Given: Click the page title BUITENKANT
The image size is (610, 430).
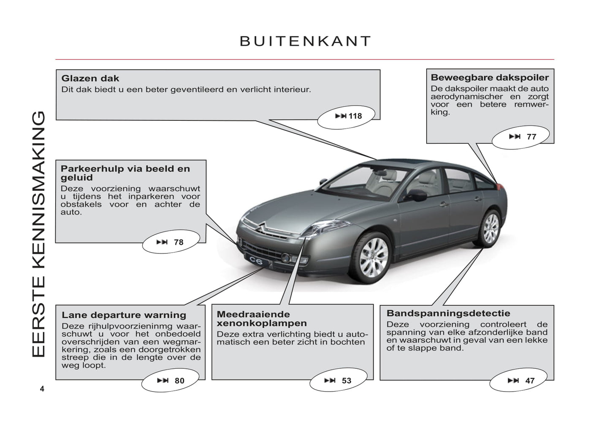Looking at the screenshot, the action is [x=305, y=41].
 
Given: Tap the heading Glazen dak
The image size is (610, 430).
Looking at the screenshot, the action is [x=90, y=79].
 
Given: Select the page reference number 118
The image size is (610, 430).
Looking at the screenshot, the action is [x=355, y=116].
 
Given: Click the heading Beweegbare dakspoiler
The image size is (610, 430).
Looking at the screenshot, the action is [x=490, y=78].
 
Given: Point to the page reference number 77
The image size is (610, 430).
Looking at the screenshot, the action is [x=531, y=137].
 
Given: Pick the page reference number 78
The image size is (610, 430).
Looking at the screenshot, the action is [x=179, y=242].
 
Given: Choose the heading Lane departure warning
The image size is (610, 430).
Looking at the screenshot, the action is [x=124, y=315].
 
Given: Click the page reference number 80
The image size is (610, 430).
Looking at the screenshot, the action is [x=179, y=381].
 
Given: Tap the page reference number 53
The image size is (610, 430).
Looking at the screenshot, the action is [x=347, y=381].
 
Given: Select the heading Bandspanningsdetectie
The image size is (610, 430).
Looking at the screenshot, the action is [x=448, y=313].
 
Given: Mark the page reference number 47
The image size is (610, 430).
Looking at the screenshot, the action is [x=530, y=381].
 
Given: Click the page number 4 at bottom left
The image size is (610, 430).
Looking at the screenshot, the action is [x=42, y=389].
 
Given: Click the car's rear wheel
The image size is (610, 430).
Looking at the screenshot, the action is [x=491, y=229].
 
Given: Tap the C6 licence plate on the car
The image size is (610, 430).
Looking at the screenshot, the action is [x=256, y=261].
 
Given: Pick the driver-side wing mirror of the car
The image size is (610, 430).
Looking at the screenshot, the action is [x=416, y=196].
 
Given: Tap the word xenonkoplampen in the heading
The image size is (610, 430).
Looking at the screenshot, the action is [x=262, y=324].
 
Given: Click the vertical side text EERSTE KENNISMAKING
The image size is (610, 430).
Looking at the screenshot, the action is [x=38, y=234].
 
